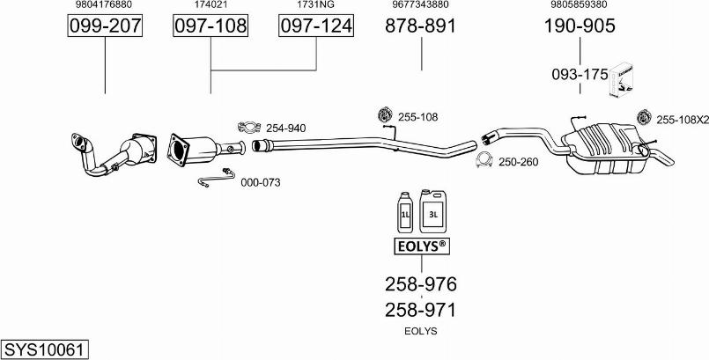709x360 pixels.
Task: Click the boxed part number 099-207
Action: point(105,26)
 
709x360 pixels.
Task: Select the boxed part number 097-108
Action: point(210,26)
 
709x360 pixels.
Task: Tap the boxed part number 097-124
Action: point(316,26)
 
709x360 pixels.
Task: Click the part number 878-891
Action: point(421,26)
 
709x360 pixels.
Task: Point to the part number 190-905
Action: point(580,26)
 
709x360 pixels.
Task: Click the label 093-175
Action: point(580,75)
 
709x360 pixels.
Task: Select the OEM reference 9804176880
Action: point(105,5)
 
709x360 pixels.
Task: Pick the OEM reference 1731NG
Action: point(316,5)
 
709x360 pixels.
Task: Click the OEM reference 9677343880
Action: point(421,5)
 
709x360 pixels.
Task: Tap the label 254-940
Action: point(286,129)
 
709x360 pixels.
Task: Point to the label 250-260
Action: point(518,162)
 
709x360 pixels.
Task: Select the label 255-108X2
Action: point(682,118)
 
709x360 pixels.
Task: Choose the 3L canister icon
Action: point(433,210)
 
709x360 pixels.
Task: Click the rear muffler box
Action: point(604,144)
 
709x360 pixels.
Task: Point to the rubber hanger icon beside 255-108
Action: point(384,114)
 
